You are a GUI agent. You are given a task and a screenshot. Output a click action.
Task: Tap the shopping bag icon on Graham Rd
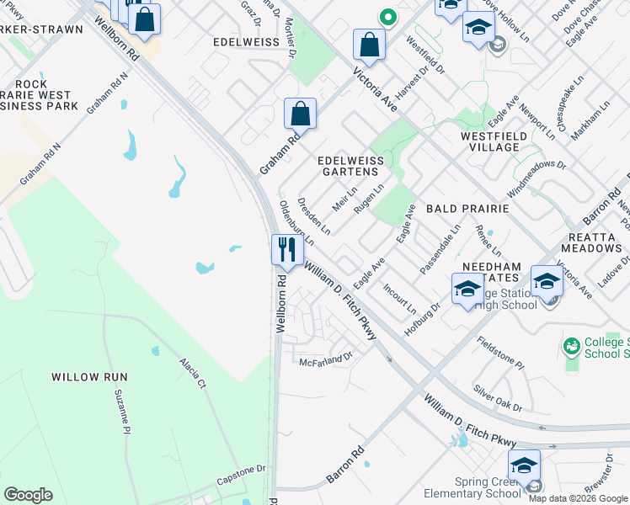[300, 113]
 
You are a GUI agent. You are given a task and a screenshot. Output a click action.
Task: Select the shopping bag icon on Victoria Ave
[369, 44]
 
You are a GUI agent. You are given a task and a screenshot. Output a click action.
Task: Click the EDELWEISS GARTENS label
[350, 166]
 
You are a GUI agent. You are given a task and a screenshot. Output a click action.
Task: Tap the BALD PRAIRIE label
[467, 208]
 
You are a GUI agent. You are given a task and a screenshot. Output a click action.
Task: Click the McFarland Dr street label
[325, 360]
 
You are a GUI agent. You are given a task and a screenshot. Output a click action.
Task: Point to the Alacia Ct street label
[192, 373]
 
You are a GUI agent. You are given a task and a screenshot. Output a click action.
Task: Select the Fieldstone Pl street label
[500, 353]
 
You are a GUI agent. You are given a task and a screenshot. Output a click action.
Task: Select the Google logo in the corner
[28, 495]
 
